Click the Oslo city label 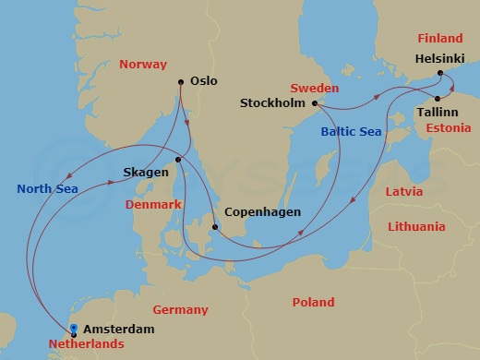click(203, 81)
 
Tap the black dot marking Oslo click(180, 82)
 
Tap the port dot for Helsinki click(440, 72)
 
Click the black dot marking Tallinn click(436, 97)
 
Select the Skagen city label click(146, 173)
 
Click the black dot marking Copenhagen click(214, 227)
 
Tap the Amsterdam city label click(118, 329)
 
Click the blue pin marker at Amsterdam click(73, 329)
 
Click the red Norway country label click(143, 65)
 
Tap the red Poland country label click(313, 303)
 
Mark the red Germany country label click(181, 310)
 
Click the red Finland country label click(439, 39)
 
